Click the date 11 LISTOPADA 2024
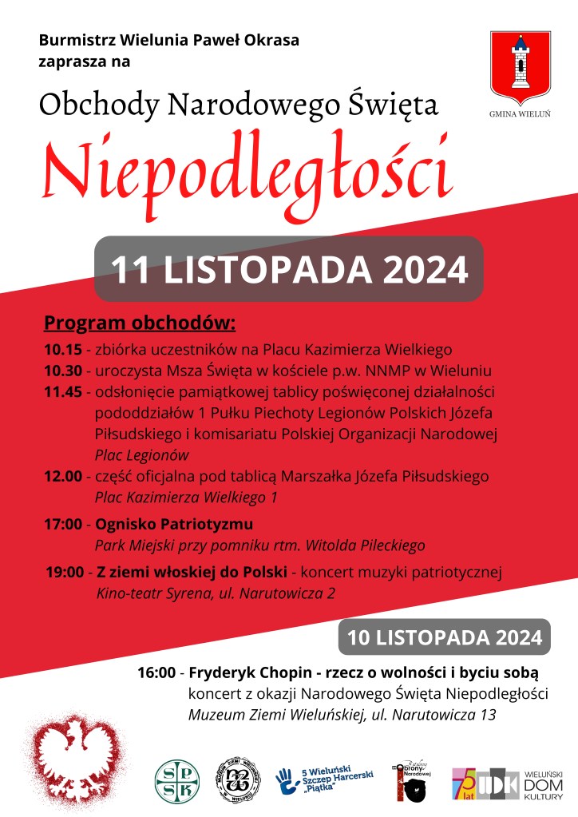click(289, 269)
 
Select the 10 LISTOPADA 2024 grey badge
click(445, 637)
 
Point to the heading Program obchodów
click(140, 323)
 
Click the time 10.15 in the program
click(62, 349)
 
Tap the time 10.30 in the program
click(62, 371)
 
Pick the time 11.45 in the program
click(62, 392)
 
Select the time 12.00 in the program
click(62, 477)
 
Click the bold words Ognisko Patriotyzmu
click(174, 525)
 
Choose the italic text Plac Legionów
click(142, 455)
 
